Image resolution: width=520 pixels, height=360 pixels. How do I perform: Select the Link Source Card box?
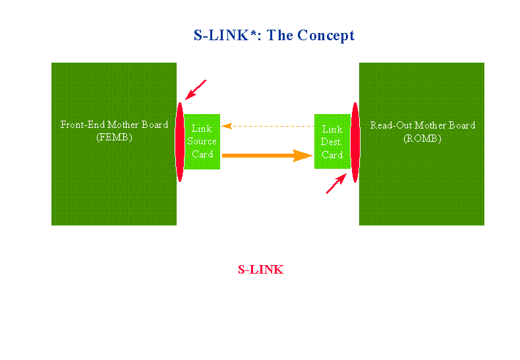click(x=202, y=141)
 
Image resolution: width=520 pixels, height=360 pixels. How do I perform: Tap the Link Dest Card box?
click(x=332, y=142)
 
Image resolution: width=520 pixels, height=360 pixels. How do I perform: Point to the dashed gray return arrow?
click(x=267, y=125)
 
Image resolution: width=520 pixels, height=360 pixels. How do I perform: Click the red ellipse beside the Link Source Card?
click(x=179, y=142)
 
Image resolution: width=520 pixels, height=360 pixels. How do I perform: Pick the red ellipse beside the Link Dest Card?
click(x=355, y=142)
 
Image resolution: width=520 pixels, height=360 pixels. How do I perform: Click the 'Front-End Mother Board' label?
click(x=114, y=125)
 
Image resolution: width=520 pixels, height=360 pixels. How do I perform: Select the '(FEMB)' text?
click(x=114, y=138)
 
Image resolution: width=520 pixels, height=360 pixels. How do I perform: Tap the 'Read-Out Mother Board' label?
click(x=422, y=125)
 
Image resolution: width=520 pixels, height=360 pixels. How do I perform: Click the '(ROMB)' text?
click(x=422, y=138)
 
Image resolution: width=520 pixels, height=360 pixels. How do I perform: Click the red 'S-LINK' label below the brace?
click(x=260, y=270)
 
